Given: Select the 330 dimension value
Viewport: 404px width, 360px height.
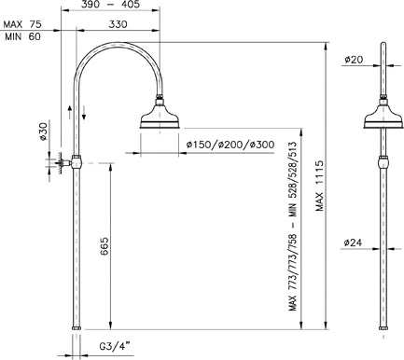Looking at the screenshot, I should click(117, 25).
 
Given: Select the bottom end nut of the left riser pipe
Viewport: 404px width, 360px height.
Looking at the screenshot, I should click(77, 328).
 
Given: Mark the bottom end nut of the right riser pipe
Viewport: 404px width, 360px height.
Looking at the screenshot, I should click(383, 328).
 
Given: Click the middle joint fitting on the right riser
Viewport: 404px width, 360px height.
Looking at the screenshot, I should click(383, 161).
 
